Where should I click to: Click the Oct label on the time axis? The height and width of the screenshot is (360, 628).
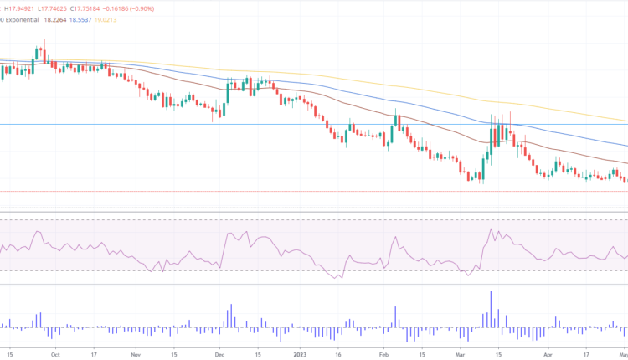coord(54,354)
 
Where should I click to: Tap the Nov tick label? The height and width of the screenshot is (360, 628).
coord(136,354)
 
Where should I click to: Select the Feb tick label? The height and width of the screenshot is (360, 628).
coord(383,354)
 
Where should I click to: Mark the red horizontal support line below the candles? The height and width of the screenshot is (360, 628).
coord(251,192)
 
